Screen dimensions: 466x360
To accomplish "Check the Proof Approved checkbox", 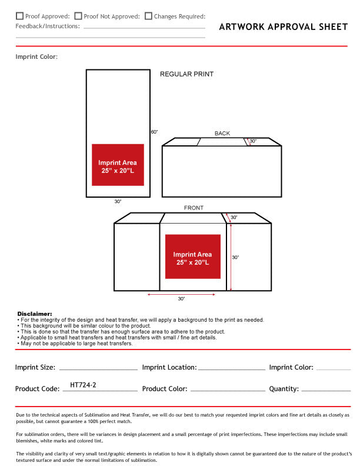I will coord(20,16).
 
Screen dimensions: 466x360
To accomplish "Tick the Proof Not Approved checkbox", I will coord(78,16).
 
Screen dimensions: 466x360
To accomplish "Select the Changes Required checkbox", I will coord(148,16).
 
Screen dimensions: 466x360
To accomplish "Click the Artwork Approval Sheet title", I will coord(283,26).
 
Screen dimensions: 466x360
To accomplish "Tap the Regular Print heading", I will coord(186,74).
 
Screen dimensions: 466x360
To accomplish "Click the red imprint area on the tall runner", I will coord(118,165).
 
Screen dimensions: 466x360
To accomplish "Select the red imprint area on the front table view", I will coord(192,257).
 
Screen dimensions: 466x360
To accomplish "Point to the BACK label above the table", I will coord(222,134).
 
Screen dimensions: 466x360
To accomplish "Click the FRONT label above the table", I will coord(194,208).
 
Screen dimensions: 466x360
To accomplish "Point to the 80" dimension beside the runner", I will coord(154,132).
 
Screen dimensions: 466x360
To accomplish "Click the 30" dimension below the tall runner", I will coord(118,202).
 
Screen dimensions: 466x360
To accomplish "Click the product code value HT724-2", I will coord(83,385).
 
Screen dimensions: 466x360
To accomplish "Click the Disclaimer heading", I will coord(35,314).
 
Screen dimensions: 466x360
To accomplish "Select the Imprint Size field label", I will coord(35,367).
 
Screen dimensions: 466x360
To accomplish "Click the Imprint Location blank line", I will coord(232,369).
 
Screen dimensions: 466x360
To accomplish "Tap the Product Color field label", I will coord(165,389).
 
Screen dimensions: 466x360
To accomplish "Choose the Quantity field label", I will coord(284,389).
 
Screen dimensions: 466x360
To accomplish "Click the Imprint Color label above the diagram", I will coord(36,57).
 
